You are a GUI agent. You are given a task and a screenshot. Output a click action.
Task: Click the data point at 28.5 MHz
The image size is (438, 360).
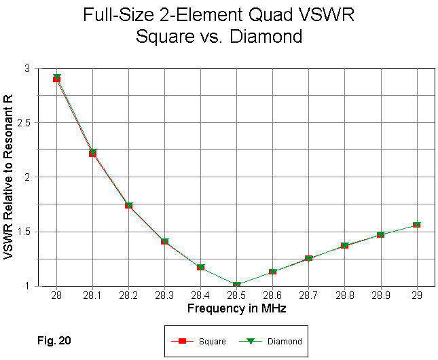point(236,285)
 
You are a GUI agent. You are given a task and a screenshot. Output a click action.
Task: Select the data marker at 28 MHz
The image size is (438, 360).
point(56,78)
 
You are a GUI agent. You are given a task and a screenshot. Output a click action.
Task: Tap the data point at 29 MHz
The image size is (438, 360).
point(416,224)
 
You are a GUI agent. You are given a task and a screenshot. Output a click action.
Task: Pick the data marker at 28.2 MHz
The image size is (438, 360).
point(128,204)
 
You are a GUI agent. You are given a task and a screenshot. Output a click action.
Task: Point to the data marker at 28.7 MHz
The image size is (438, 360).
point(308,258)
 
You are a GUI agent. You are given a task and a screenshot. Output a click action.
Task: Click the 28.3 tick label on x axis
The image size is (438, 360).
point(164,297)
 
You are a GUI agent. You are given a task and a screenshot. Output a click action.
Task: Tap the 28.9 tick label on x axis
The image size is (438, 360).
point(380,297)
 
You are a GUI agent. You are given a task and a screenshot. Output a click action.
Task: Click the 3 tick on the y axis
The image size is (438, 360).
point(45,69)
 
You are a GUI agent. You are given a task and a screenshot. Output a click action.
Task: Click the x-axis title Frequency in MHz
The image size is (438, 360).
point(236,308)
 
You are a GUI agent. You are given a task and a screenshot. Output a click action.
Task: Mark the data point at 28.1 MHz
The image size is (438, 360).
point(92,153)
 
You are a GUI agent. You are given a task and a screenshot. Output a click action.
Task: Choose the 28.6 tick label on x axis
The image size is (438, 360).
point(272,297)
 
